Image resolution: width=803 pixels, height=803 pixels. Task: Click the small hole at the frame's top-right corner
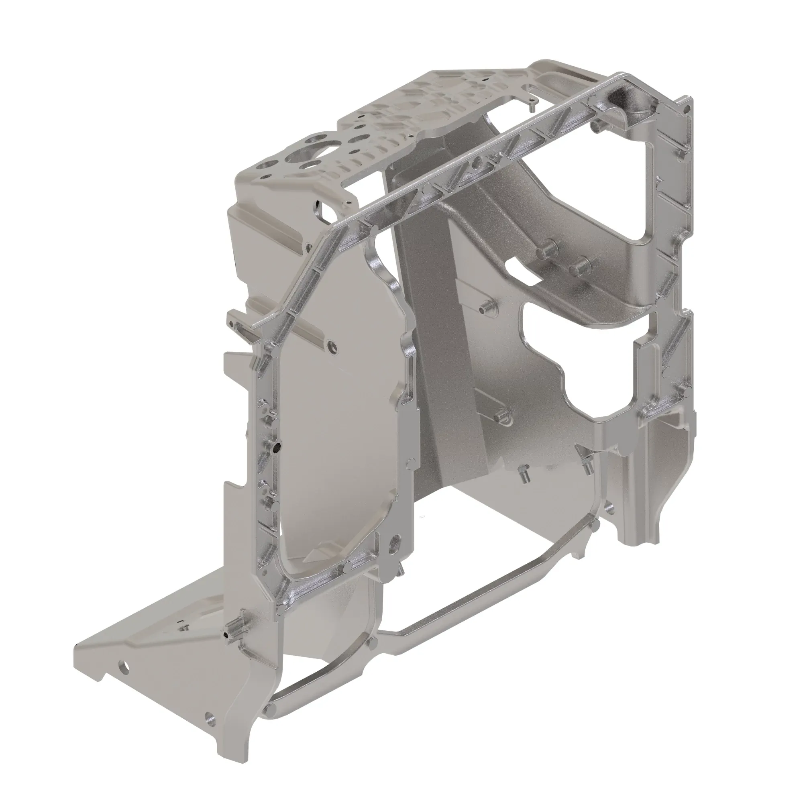(x=687, y=109)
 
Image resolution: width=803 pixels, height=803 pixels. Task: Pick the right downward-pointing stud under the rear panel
(x=587, y=468)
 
